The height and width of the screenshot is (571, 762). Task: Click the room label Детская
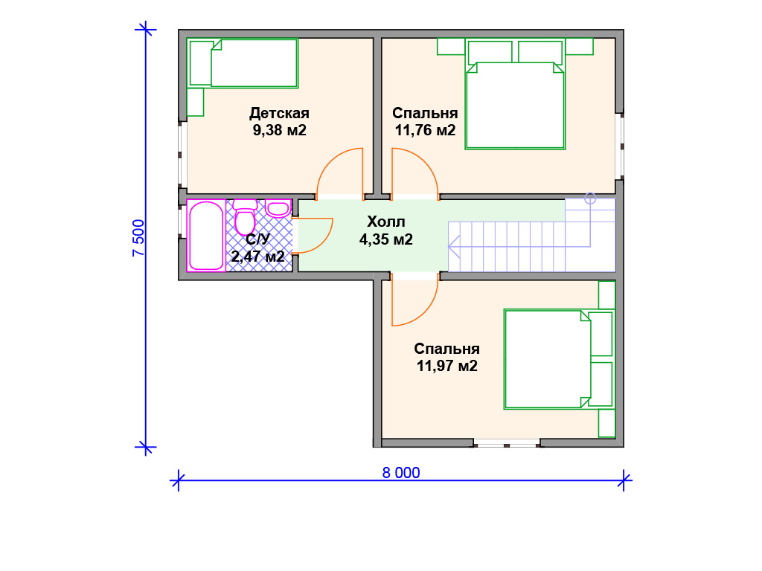pyautogui.click(x=280, y=113)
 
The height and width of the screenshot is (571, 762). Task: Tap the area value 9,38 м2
pyautogui.click(x=280, y=130)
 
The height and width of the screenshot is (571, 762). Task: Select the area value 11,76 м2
pyautogui.click(x=425, y=130)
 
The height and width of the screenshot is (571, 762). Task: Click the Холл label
pyautogui.click(x=386, y=222)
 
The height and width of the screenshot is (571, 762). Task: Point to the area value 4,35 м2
pyautogui.click(x=386, y=239)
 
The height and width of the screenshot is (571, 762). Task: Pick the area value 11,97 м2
pyautogui.click(x=446, y=366)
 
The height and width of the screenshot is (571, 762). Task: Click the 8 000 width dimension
pyautogui.click(x=401, y=472)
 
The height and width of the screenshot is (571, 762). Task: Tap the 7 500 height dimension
pyautogui.click(x=138, y=238)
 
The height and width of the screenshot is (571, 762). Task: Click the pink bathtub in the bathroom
pyautogui.click(x=206, y=236)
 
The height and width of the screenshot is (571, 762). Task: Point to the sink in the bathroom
pyautogui.click(x=278, y=208)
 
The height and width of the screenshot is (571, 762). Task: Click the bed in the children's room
pyautogui.click(x=243, y=63)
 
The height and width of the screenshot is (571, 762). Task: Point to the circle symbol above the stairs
pyautogui.click(x=590, y=198)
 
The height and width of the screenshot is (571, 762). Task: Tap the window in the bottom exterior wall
pyautogui.click(x=506, y=443)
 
